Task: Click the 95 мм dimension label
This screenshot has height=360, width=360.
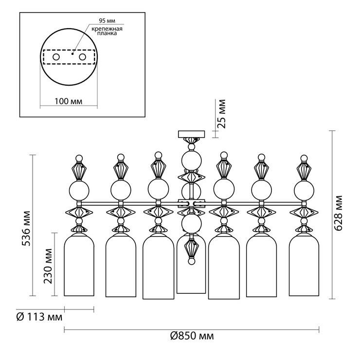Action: click(x=107, y=20)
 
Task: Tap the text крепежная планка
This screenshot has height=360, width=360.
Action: click(x=107, y=31)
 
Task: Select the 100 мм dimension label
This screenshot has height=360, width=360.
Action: click(x=68, y=101)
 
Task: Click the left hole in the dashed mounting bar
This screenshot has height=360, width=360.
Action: click(x=56, y=57)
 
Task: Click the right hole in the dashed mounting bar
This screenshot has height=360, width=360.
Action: click(x=82, y=57)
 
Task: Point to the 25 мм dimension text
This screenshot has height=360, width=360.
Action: click(x=221, y=114)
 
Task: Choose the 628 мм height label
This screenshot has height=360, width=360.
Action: click(x=338, y=213)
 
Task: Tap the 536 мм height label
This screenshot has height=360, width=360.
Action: click(x=26, y=229)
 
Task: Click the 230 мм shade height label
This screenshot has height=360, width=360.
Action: click(x=48, y=266)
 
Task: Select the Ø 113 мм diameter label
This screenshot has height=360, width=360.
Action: click(x=39, y=318)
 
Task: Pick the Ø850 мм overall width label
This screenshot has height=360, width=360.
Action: click(x=192, y=336)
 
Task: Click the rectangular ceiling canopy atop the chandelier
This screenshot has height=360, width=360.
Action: click(x=192, y=134)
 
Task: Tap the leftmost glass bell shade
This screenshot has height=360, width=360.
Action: click(x=79, y=265)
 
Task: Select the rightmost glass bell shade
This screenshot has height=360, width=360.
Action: click(x=304, y=265)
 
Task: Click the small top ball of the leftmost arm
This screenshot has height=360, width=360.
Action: click(x=79, y=158)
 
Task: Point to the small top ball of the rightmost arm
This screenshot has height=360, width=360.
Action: click(x=304, y=158)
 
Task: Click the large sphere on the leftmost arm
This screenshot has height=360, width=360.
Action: click(x=79, y=190)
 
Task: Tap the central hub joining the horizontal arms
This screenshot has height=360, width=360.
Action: click(x=192, y=203)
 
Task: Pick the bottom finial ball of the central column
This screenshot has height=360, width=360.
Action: click(x=192, y=262)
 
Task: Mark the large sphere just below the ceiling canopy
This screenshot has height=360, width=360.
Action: click(x=192, y=160)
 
